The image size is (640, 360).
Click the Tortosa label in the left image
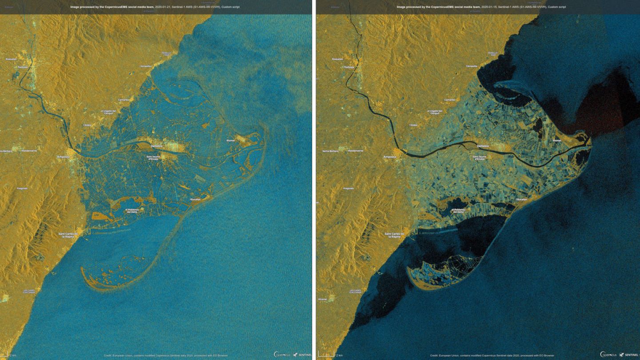tap(22, 67)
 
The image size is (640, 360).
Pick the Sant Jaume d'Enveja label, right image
tap(480, 157)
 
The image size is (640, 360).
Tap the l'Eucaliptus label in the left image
tap(196, 199)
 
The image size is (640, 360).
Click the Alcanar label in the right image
tap(323, 299)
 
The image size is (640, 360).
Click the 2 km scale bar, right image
tap(329, 355)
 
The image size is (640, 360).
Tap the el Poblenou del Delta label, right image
tap(458, 211)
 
